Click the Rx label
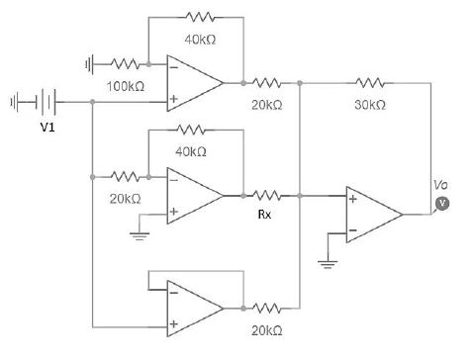coord(263,214)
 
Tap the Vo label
coord(441,185)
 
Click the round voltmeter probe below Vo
coord(442,203)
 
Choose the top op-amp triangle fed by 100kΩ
coord(193,83)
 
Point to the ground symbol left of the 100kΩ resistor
coord(90,64)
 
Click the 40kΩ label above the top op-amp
coord(201,40)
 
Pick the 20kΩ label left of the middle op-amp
coord(124,199)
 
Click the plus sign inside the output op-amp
coord(352,199)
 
